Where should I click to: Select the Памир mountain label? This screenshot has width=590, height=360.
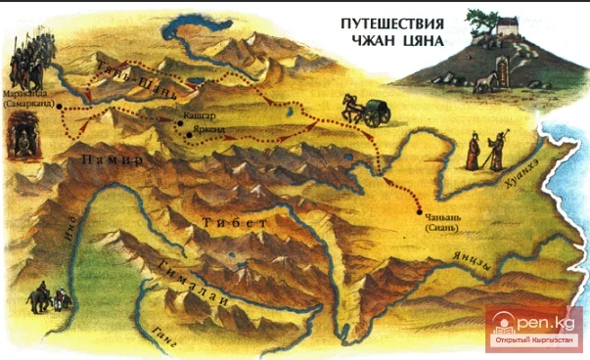point(114,158)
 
